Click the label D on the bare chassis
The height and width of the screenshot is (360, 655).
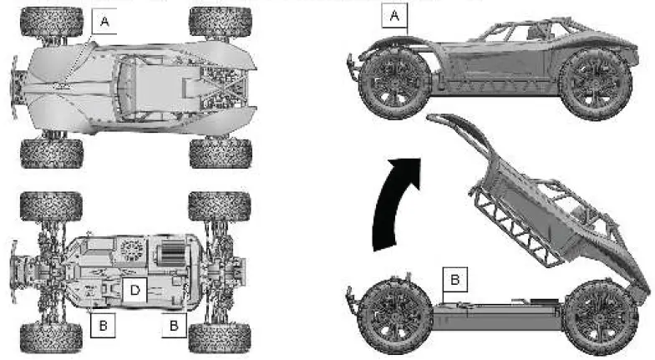(x=134, y=290)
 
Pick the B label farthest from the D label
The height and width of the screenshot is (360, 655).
(x=173, y=324)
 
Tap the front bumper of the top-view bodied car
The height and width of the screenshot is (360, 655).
(x=16, y=82)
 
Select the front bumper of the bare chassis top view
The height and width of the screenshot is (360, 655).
(x=16, y=261)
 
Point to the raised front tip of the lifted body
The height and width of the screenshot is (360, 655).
(x=436, y=119)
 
